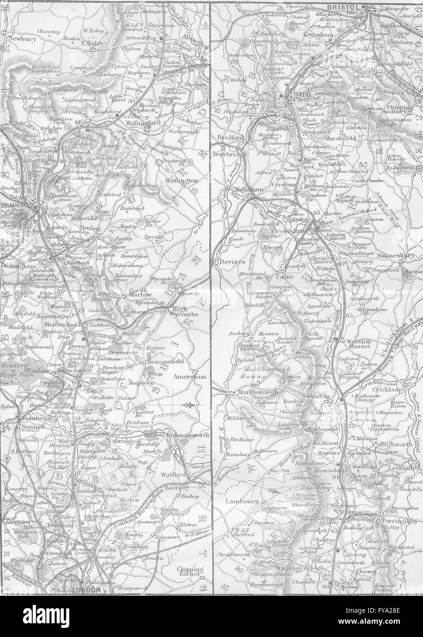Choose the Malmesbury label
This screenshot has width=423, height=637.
[x=398, y=255]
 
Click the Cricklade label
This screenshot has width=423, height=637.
[x=390, y=389]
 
